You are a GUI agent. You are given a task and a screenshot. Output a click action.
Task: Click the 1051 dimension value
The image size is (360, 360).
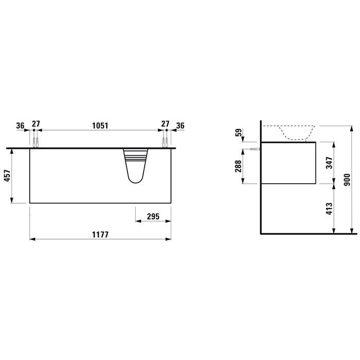click(x=100, y=126)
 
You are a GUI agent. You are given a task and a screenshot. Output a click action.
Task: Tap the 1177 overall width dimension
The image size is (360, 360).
click(x=100, y=235)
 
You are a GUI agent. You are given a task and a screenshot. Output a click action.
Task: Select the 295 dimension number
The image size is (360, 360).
click(x=153, y=217)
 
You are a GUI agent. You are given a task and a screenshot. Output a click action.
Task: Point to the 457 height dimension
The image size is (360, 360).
click(x=7, y=176)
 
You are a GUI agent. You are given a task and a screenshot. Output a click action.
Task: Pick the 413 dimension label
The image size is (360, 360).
click(x=329, y=209)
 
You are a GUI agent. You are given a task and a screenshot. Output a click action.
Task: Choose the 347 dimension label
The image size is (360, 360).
click(x=329, y=163)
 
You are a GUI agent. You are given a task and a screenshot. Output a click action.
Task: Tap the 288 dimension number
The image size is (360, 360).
click(x=238, y=166)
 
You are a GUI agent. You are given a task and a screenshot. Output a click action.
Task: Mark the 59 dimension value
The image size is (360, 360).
click(x=239, y=133)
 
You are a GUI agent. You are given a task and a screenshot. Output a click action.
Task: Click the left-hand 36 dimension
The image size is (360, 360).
click(x=20, y=126)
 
